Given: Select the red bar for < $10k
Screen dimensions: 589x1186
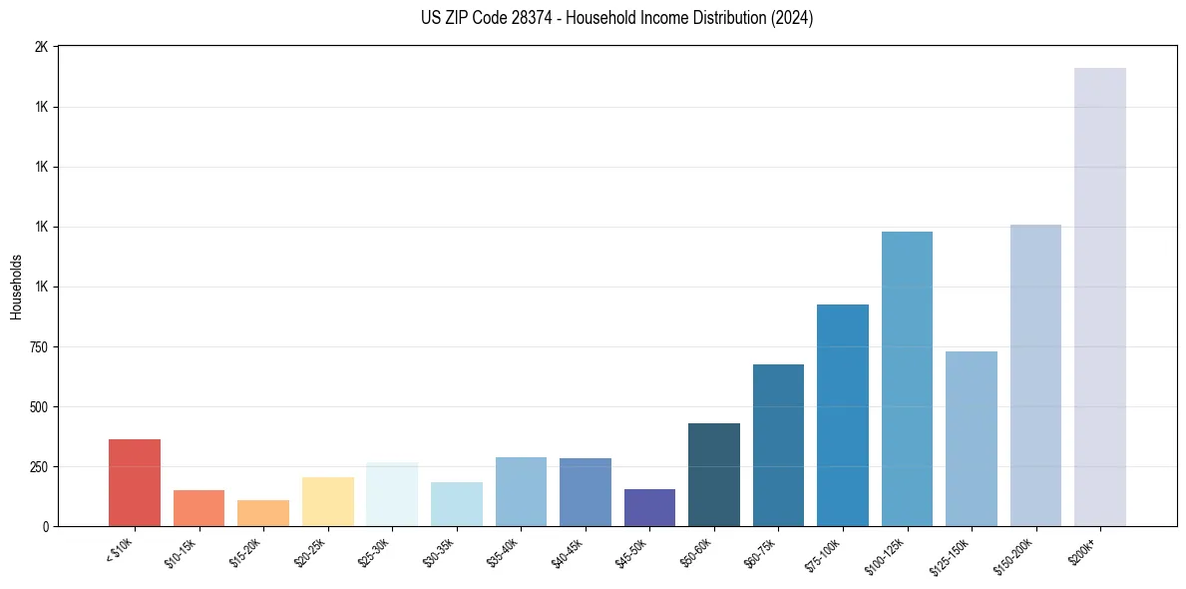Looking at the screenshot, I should [135, 483].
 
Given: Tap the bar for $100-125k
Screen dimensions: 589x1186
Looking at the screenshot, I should [907, 379].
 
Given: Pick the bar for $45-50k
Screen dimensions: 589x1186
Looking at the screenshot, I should [649, 508].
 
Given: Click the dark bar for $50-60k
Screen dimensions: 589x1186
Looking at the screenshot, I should [714, 475].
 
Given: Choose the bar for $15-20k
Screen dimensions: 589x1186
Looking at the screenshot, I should [263, 513].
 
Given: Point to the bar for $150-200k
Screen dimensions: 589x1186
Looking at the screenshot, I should [1035, 375].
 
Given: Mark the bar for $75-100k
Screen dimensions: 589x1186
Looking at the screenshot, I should [843, 415].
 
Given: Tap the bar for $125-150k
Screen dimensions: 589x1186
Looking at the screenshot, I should [972, 439].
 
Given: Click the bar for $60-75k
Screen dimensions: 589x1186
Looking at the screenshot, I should [778, 445].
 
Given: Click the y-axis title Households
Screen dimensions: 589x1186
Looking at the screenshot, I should [16, 287].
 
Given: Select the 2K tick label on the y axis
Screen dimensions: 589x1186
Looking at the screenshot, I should [42, 47].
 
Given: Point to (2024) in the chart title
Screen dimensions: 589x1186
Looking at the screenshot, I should [791, 18].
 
